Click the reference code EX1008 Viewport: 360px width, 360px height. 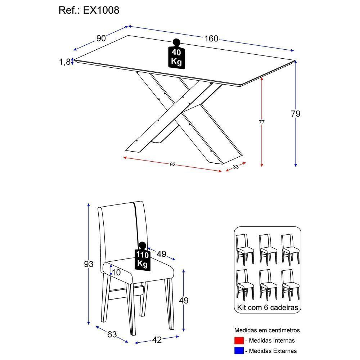(x=101, y=10)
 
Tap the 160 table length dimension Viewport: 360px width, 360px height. (x=211, y=38)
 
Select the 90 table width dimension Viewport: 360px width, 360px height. (x=101, y=38)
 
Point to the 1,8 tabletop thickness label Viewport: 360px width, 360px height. (x=65, y=62)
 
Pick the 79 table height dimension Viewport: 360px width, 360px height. (x=296, y=114)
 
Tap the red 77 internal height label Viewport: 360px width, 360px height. (x=262, y=122)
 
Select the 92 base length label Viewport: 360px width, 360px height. (x=172, y=165)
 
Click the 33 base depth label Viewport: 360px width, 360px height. (x=236, y=167)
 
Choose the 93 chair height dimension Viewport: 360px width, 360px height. (x=89, y=264)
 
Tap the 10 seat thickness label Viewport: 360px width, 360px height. (x=116, y=273)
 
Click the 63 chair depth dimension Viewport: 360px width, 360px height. (x=112, y=334)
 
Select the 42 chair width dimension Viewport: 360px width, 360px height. (x=157, y=339)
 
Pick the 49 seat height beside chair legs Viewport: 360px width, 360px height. (x=184, y=300)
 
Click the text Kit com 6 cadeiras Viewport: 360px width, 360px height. (x=267, y=308)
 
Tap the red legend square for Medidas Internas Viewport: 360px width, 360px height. (x=239, y=341)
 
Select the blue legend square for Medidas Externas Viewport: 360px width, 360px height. (x=239, y=351)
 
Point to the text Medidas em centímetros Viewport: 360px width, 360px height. (x=268, y=330)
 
